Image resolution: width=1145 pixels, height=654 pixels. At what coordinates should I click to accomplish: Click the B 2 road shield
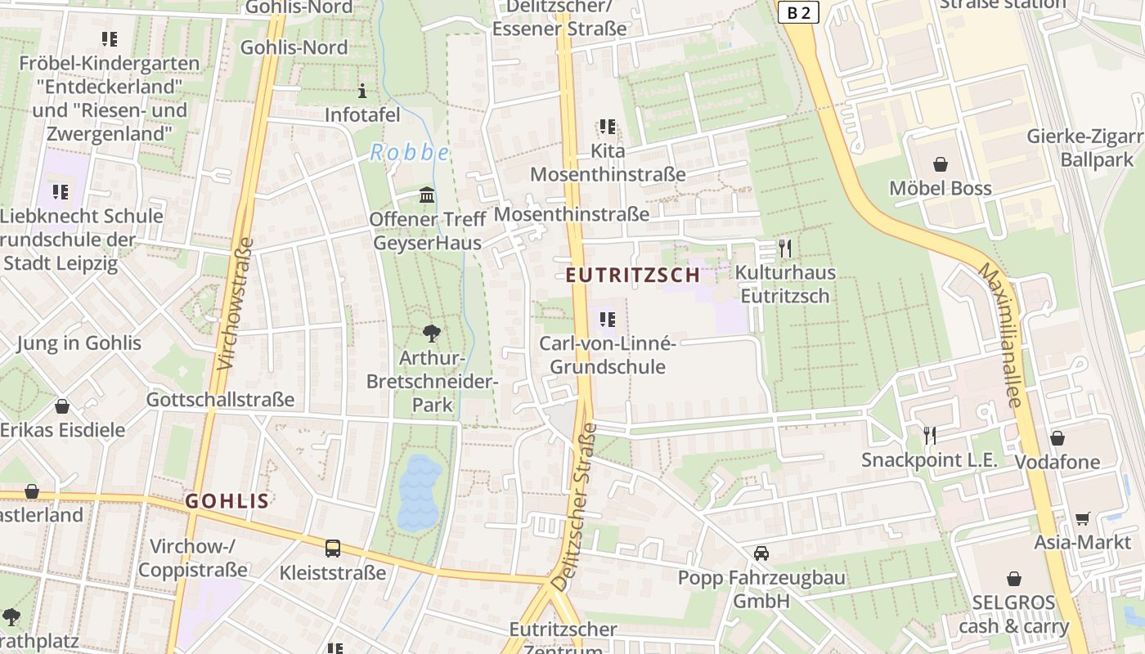(x=798, y=12)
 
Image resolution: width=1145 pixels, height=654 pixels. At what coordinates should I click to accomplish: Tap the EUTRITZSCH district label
(x=633, y=275)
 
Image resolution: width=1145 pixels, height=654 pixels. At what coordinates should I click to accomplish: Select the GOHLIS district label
(x=227, y=501)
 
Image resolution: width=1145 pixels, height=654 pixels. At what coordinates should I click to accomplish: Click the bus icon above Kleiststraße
(x=332, y=548)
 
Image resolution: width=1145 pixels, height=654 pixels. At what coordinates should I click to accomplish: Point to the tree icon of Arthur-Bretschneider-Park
(x=432, y=334)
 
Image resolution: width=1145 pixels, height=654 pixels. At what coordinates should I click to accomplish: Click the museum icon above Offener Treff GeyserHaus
(x=426, y=195)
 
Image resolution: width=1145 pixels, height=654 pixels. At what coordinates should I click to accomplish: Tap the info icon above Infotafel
(x=363, y=91)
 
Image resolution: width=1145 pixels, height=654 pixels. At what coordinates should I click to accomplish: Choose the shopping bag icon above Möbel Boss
(x=941, y=164)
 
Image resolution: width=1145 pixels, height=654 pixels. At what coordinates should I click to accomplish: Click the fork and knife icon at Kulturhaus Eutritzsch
(x=784, y=249)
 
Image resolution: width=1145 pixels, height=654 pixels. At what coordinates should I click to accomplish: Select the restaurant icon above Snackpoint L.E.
(x=929, y=436)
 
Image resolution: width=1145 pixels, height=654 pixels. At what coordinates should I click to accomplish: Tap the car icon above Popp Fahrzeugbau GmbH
(x=761, y=553)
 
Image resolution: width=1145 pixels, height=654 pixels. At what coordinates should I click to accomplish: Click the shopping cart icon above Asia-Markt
(x=1082, y=518)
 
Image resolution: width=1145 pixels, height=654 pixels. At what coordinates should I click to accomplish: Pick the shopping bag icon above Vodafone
(x=1057, y=438)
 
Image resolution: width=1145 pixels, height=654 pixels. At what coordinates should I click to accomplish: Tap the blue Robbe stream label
(x=410, y=152)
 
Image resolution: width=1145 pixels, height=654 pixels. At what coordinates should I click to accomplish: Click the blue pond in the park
(x=418, y=492)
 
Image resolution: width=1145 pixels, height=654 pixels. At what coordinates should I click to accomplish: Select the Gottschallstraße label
(x=220, y=400)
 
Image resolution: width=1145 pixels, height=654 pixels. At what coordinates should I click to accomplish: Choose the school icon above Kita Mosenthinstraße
(x=607, y=127)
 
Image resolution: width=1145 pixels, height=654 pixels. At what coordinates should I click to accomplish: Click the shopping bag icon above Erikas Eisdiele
(x=62, y=406)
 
